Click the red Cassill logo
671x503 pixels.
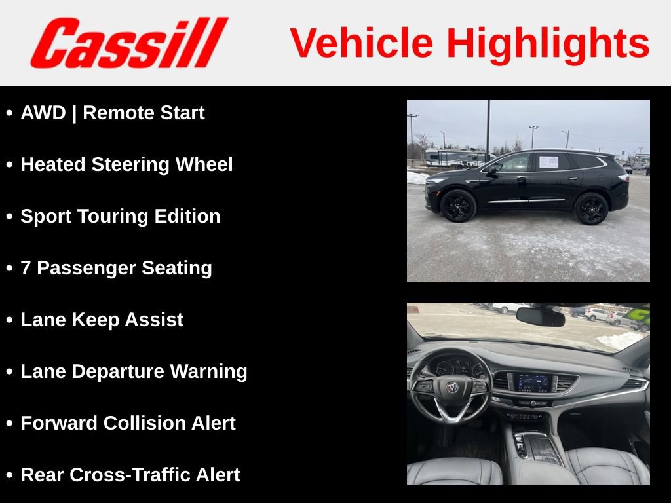129,43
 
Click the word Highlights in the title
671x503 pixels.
548,43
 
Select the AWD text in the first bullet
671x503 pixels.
43,113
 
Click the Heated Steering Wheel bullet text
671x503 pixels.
126,164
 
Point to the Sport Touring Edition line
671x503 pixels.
121,216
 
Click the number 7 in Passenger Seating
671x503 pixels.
26,268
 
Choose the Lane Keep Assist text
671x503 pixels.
102,320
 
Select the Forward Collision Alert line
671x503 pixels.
128,423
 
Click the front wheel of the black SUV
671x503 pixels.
458,206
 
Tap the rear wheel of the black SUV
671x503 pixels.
591,208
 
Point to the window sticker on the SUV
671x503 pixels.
548,162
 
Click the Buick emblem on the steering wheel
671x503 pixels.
451,387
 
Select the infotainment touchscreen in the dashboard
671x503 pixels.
532,382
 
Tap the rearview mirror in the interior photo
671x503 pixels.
540,317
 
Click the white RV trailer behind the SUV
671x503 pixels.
456,158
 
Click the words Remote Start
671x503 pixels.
144,113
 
